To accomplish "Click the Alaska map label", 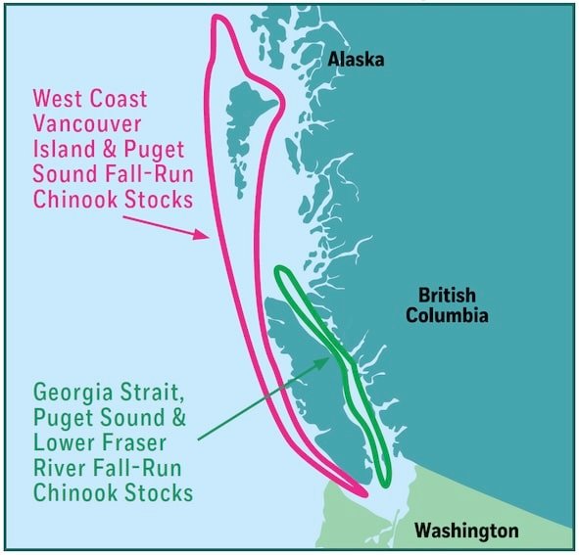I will (x=356, y=61).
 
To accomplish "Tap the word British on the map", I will (x=447, y=295).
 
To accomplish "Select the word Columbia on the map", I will (x=453, y=316).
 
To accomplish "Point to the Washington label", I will (x=465, y=531).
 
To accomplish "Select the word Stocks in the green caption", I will (x=157, y=491).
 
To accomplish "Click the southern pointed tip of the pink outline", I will (x=365, y=493).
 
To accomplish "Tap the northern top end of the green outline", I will (x=281, y=269).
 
